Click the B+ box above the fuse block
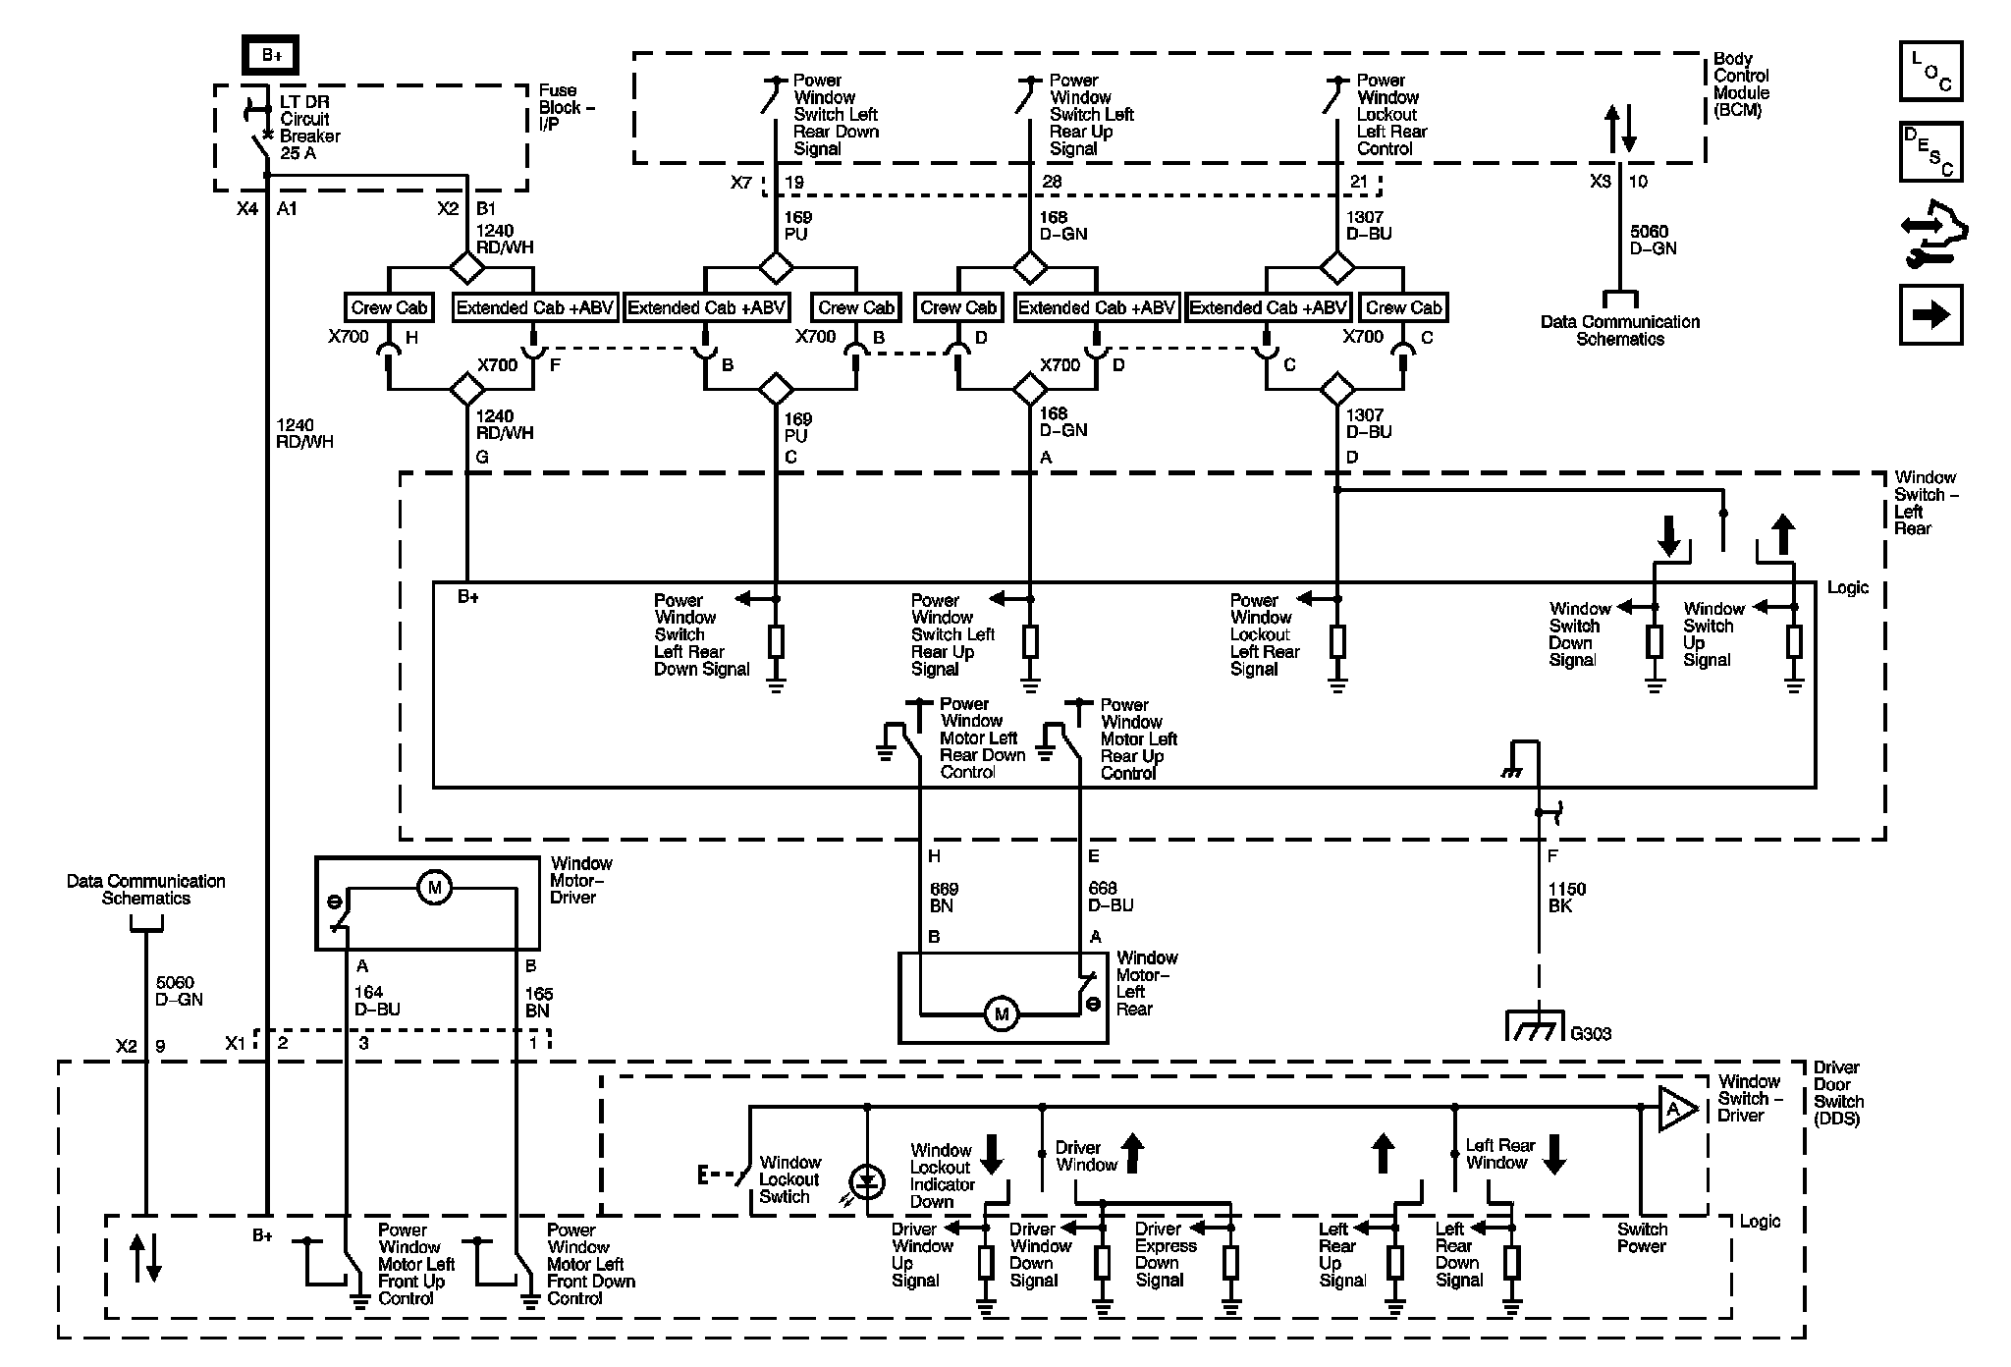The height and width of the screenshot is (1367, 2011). (x=271, y=56)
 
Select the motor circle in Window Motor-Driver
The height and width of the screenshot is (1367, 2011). (x=434, y=888)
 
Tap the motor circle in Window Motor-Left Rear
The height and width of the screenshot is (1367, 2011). (x=1002, y=1013)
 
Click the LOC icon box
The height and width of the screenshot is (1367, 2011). (x=1930, y=71)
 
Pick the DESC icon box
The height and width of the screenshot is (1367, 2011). (x=1930, y=152)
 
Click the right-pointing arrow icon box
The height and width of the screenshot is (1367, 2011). (x=1930, y=314)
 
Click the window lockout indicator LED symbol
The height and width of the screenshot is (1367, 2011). (x=867, y=1182)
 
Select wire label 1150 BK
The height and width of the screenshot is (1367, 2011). (x=1566, y=898)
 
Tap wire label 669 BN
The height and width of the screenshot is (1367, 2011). (x=944, y=898)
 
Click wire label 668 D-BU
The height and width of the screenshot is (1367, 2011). (x=1110, y=898)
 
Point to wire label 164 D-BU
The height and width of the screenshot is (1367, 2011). (x=377, y=1001)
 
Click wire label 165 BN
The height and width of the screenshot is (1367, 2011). (x=538, y=1002)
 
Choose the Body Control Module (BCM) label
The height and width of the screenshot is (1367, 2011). (x=1741, y=84)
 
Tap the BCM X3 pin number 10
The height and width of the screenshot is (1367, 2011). (x=1638, y=182)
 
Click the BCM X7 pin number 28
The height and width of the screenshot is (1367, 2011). (x=1052, y=182)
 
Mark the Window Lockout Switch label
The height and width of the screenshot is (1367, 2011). (x=788, y=1179)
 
